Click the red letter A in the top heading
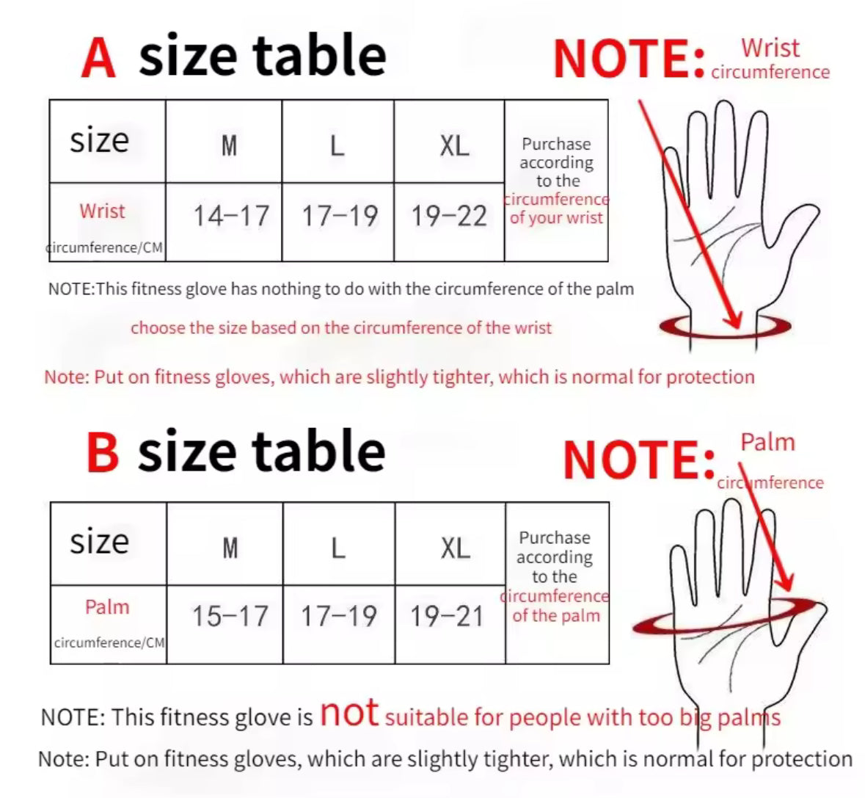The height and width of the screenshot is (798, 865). (99, 57)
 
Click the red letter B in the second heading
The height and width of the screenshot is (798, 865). (102, 452)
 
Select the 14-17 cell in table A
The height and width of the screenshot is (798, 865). (230, 216)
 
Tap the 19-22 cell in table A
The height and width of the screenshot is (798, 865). (449, 216)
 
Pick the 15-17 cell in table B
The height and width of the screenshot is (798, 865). (230, 616)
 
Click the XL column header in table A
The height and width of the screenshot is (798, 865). (454, 145)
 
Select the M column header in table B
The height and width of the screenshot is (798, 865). (230, 547)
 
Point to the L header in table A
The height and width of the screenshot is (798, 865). (337, 145)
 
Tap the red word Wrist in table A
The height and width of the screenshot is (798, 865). (102, 211)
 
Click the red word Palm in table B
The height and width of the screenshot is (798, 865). (107, 607)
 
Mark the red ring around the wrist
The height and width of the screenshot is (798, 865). (725, 327)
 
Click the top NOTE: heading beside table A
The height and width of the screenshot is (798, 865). (629, 59)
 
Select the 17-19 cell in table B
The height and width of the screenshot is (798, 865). (338, 616)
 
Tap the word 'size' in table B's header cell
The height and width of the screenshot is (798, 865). (99, 542)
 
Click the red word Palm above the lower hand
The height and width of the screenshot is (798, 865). (767, 443)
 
